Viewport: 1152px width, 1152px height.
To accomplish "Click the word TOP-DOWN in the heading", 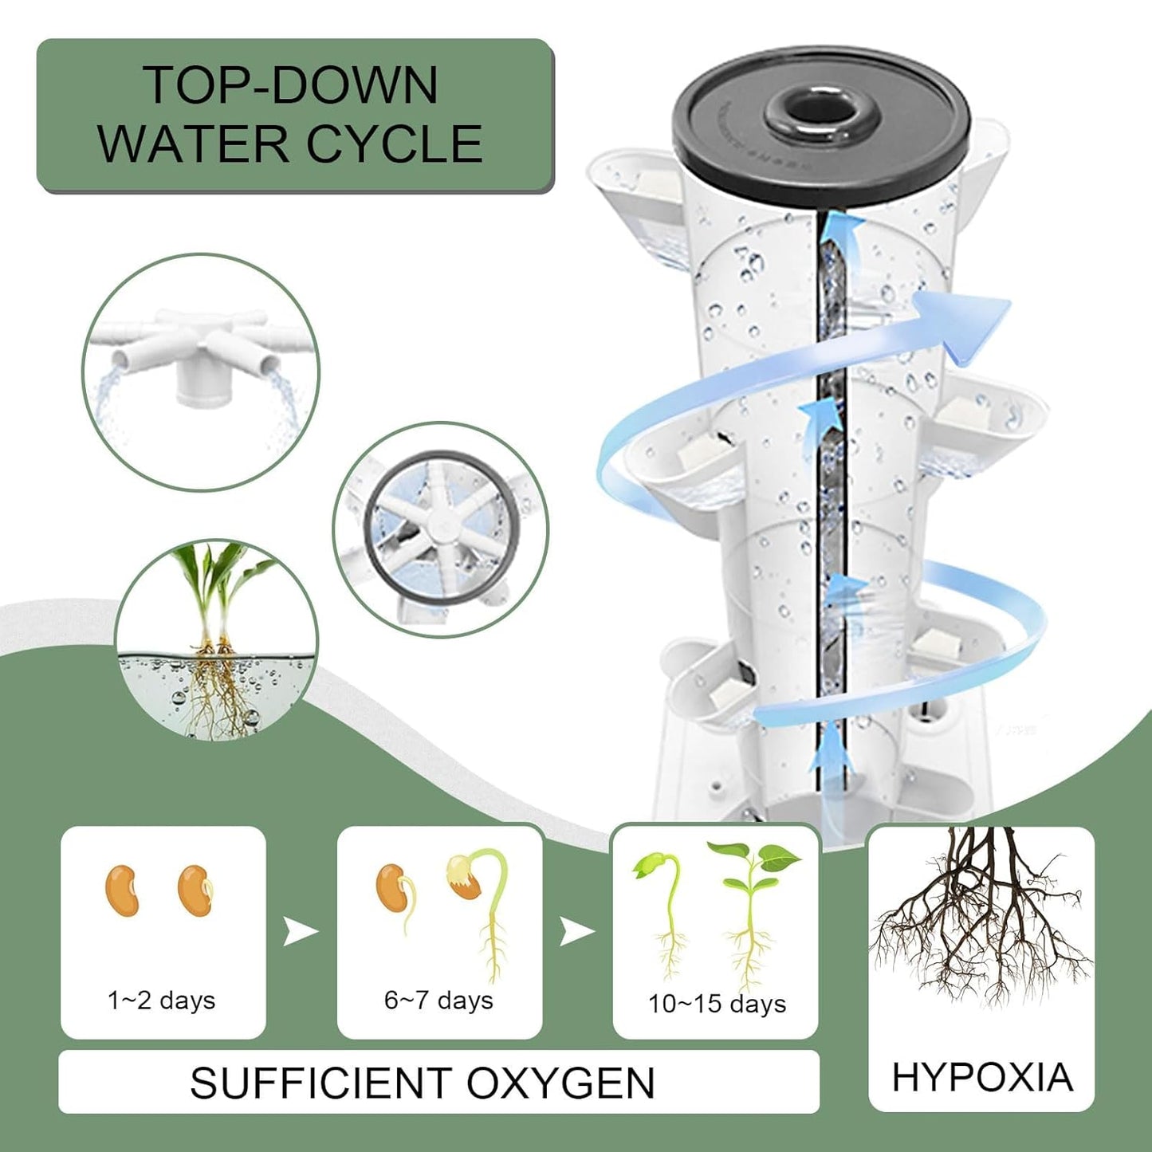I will tap(290, 85).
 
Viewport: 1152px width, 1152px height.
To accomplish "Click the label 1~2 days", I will tap(162, 1000).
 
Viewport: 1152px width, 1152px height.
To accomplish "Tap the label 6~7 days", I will tap(438, 1000).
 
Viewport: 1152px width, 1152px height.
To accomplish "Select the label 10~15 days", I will tap(716, 1004).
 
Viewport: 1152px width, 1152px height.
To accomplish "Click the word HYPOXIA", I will tap(981, 1078).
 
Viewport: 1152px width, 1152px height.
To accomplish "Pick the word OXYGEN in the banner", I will tap(560, 1083).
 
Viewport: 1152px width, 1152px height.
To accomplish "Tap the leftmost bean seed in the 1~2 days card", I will tap(122, 891).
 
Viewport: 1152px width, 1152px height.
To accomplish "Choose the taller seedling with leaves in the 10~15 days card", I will tap(752, 909).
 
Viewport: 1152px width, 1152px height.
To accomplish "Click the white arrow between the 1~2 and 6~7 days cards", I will tap(301, 930).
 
